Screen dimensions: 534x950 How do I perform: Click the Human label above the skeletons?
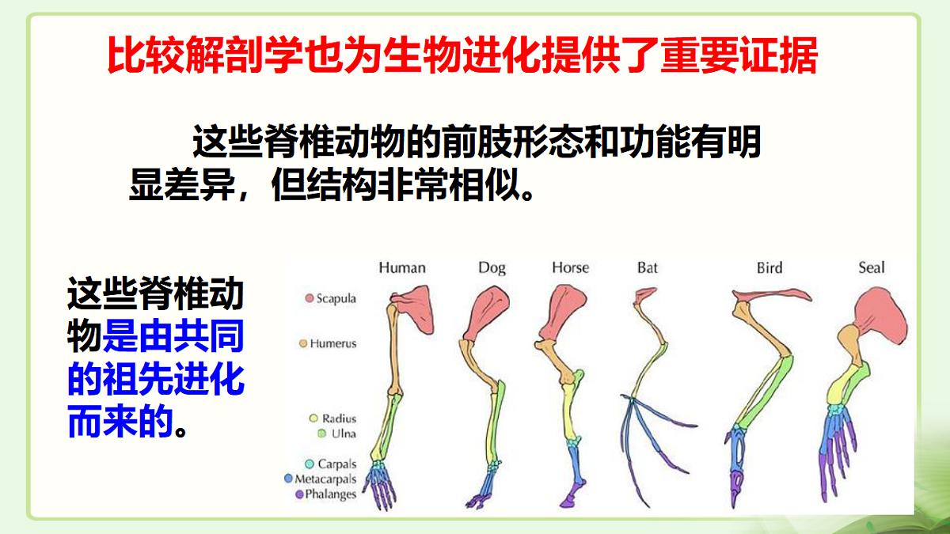click(x=402, y=267)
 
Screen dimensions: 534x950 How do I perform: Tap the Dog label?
click(x=492, y=267)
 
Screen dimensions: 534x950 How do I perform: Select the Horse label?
click(x=570, y=267)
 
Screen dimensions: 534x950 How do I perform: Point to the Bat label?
click(x=648, y=267)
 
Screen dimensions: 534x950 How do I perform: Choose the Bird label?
click(x=769, y=267)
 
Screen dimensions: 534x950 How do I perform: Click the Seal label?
click(x=872, y=267)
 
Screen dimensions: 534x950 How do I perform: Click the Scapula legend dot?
click(x=309, y=299)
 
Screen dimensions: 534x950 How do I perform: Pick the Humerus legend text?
click(x=333, y=344)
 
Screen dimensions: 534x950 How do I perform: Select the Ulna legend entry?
click(x=337, y=434)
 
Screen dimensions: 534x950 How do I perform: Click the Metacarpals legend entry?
click(x=325, y=479)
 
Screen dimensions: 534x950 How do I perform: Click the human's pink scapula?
click(x=410, y=304)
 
